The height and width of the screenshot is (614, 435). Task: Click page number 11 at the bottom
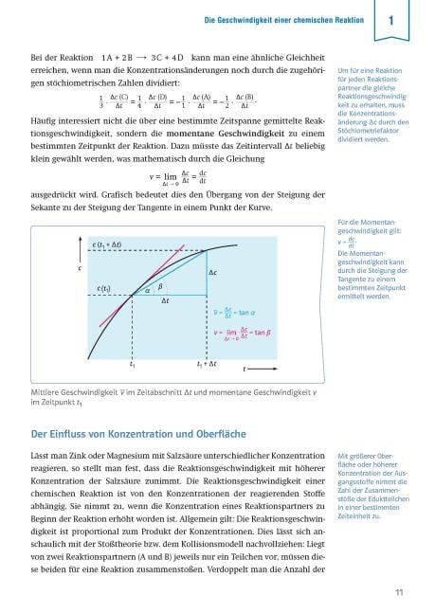pos(400,593)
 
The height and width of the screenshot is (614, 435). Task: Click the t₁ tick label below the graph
pos(133,363)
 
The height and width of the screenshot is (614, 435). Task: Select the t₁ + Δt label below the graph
pos(208,363)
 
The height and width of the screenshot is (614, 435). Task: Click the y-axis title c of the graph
pos(79,269)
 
